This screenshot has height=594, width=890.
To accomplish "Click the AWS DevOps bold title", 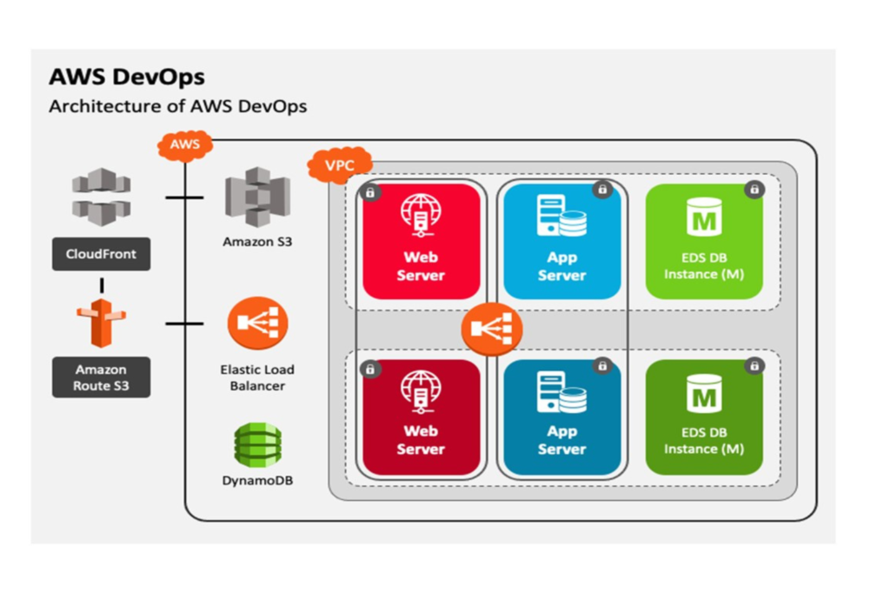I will point(127,77).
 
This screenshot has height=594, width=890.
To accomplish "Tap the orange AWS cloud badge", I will point(185,144).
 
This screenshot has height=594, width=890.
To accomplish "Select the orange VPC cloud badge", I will point(340,163).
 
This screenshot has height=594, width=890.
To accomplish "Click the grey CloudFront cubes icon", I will point(101,197).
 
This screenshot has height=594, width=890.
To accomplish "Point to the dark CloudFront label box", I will point(101,255).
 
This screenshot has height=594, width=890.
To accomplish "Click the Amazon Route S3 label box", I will point(101,377).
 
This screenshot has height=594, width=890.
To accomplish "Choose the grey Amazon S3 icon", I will point(257,197).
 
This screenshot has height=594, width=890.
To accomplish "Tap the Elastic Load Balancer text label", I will point(257,377).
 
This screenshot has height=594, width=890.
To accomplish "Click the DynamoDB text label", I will point(257,479).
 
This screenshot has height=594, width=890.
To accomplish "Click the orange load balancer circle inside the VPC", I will point(491,329).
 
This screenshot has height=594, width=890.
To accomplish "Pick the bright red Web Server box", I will point(422,241).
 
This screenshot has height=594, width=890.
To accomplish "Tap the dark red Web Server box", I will point(422,417).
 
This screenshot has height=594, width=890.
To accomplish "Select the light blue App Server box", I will point(562,241).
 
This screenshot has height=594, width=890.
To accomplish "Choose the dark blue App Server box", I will point(562,417).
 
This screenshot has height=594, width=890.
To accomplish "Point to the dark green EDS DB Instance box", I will point(704,417).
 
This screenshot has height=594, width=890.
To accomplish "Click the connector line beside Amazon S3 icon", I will point(184,197).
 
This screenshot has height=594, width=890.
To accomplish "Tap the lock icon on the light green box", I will point(754,189).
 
